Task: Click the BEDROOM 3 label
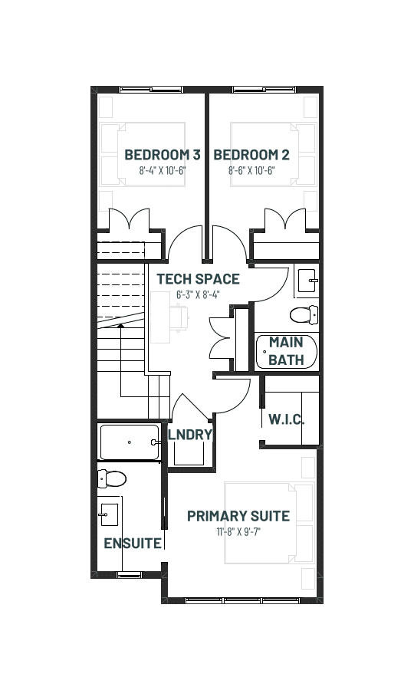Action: (163, 155)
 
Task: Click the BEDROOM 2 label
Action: (251, 155)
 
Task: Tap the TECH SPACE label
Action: (199, 279)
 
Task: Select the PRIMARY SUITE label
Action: (238, 516)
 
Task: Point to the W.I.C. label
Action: (287, 419)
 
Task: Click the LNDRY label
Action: (190, 435)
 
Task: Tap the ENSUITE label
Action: (133, 544)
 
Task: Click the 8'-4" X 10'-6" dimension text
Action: (163, 170)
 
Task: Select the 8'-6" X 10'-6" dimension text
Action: (251, 170)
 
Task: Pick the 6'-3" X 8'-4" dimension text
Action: (198, 294)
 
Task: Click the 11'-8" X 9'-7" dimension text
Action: (238, 531)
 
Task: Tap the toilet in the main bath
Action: (304, 314)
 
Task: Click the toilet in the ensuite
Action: (112, 478)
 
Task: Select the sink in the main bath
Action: (308, 281)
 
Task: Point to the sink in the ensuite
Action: (108, 514)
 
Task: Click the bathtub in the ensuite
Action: (130, 442)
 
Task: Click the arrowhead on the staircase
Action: (120, 326)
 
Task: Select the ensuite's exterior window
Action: (128, 574)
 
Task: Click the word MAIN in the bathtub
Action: (286, 342)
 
